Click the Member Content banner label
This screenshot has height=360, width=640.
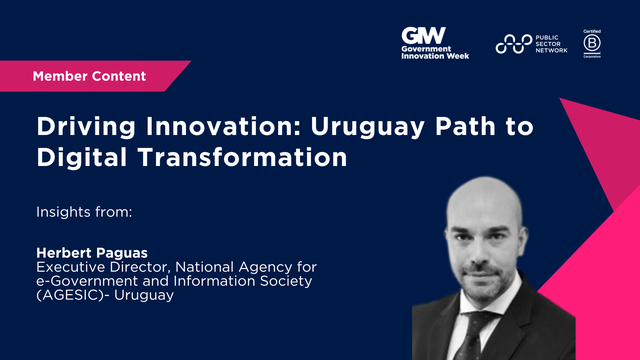[x=89, y=76]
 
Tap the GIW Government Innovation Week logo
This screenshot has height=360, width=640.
[x=435, y=44]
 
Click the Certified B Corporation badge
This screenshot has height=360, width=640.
[x=591, y=43]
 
